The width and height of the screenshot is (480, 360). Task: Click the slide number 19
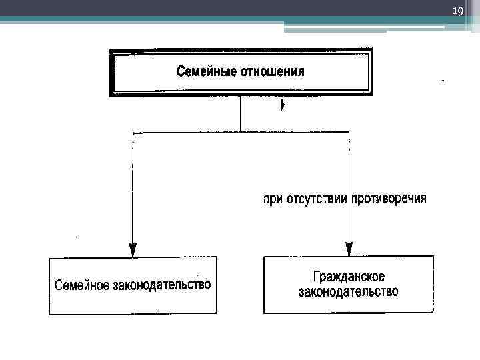pos(457,11)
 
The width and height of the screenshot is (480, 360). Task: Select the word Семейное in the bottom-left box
pos(82,285)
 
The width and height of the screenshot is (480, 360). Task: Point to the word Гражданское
pos(348,276)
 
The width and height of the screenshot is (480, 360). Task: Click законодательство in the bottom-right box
pos(348,292)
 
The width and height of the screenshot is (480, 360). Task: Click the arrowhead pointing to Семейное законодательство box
pos(133,250)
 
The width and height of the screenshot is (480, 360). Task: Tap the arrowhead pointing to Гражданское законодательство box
pos(349,250)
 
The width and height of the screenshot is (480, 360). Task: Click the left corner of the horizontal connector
pos(134,133)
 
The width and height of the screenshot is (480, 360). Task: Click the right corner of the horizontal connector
pos(349,133)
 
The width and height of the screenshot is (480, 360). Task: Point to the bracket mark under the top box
pos(283,105)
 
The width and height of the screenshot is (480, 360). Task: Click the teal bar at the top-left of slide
pos(133,20)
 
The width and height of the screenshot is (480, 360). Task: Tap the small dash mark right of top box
pos(443,80)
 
